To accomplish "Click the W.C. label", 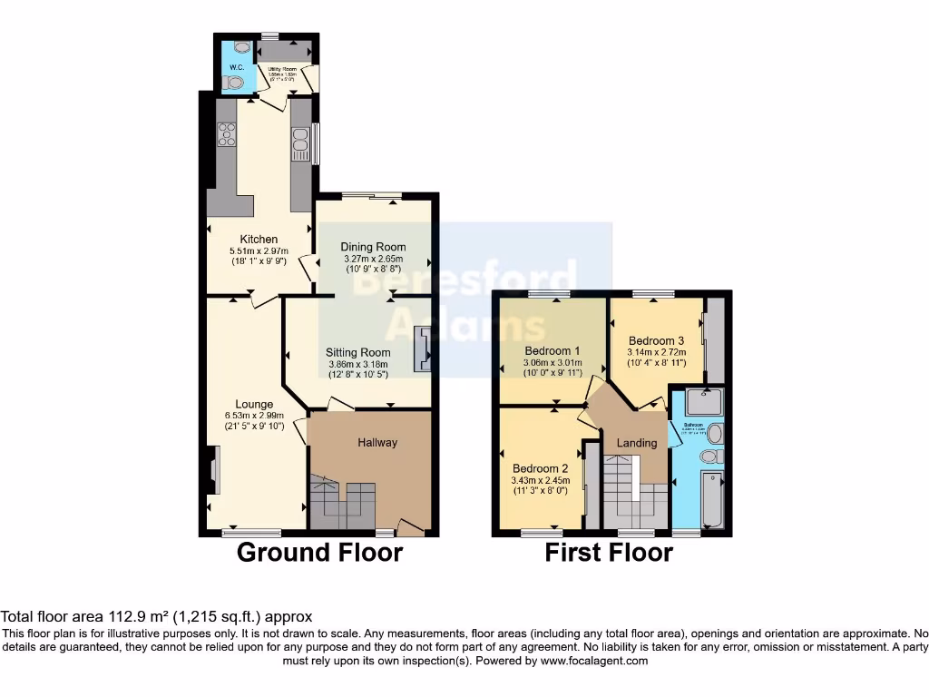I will (x=236, y=67).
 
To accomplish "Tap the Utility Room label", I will (x=283, y=70).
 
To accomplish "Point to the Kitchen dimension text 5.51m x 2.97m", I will (x=259, y=251).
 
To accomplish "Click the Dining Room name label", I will (x=373, y=247).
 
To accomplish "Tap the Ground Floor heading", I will (x=319, y=552).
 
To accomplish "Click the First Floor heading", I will (x=609, y=553).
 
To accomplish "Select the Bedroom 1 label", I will (x=552, y=351).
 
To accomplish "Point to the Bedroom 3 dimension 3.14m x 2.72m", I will (x=656, y=353).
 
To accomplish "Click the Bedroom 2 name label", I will (x=541, y=469).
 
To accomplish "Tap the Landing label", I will (x=637, y=443).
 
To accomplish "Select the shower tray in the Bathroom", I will (x=699, y=401).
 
